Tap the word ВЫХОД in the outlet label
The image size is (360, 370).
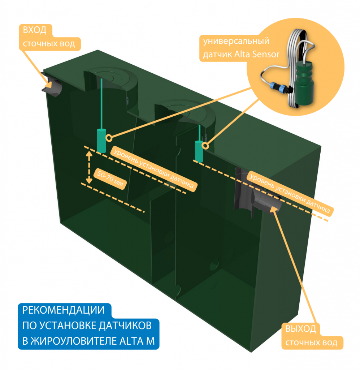click(300, 329)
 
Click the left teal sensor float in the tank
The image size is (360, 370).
click(101, 140)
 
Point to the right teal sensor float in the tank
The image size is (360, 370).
click(199, 150)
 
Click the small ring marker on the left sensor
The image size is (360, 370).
click(108, 137)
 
